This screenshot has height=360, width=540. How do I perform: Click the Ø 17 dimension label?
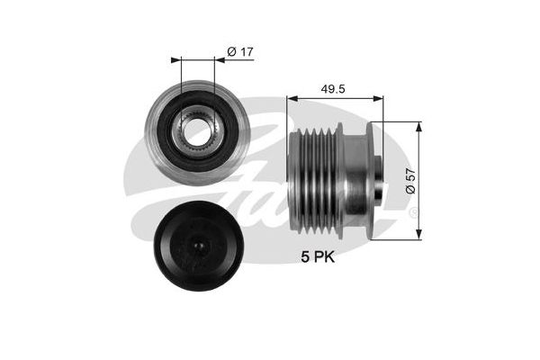click(x=238, y=52)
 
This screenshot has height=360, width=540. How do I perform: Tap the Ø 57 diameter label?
click(x=410, y=183)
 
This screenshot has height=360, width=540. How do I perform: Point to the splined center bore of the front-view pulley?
click(x=197, y=133)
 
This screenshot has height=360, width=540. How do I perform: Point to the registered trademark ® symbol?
click(x=413, y=212)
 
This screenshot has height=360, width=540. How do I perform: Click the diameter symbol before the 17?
click(x=231, y=52)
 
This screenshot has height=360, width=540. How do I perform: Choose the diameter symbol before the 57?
click(x=410, y=191)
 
